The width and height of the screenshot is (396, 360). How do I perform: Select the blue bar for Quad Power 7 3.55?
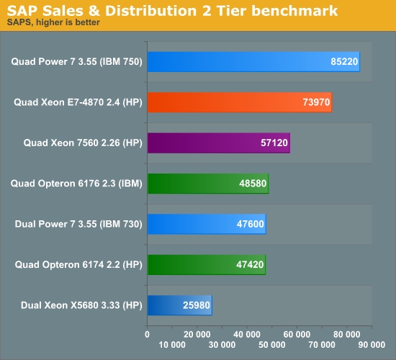click(253, 62)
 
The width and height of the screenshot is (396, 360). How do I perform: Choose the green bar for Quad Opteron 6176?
click(207, 184)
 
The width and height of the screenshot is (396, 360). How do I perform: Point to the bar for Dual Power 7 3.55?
click(206, 224)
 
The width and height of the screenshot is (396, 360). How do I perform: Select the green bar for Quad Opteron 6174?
click(206, 264)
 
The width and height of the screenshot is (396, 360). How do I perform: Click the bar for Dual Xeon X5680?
click(179, 305)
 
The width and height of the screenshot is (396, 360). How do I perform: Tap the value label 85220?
click(344, 62)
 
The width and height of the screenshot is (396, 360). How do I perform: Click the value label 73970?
click(316, 102)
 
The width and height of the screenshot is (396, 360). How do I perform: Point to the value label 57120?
click(274, 143)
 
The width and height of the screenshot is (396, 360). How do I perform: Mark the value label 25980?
click(197, 305)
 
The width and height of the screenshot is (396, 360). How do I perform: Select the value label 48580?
click(253, 184)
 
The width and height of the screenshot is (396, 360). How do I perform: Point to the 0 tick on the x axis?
click(148, 333)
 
